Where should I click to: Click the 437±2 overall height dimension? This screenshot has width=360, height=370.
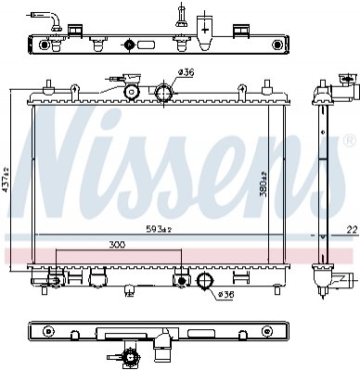coord(6,180)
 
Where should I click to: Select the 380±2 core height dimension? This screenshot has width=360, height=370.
coord(263,185)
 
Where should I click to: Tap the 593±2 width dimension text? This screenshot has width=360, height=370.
coord(159,229)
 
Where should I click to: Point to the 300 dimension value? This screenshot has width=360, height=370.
coord(117,245)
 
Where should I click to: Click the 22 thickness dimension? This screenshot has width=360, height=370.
coord(353,229)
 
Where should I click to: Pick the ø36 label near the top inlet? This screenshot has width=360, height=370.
coord(186,72)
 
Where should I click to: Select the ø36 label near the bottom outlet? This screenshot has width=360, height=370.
coord(225,295)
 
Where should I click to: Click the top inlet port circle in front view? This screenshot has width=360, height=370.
coord(163,92)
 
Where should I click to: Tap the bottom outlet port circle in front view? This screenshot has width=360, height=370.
coord(205,281)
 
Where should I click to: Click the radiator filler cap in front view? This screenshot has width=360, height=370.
coord(132,92)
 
